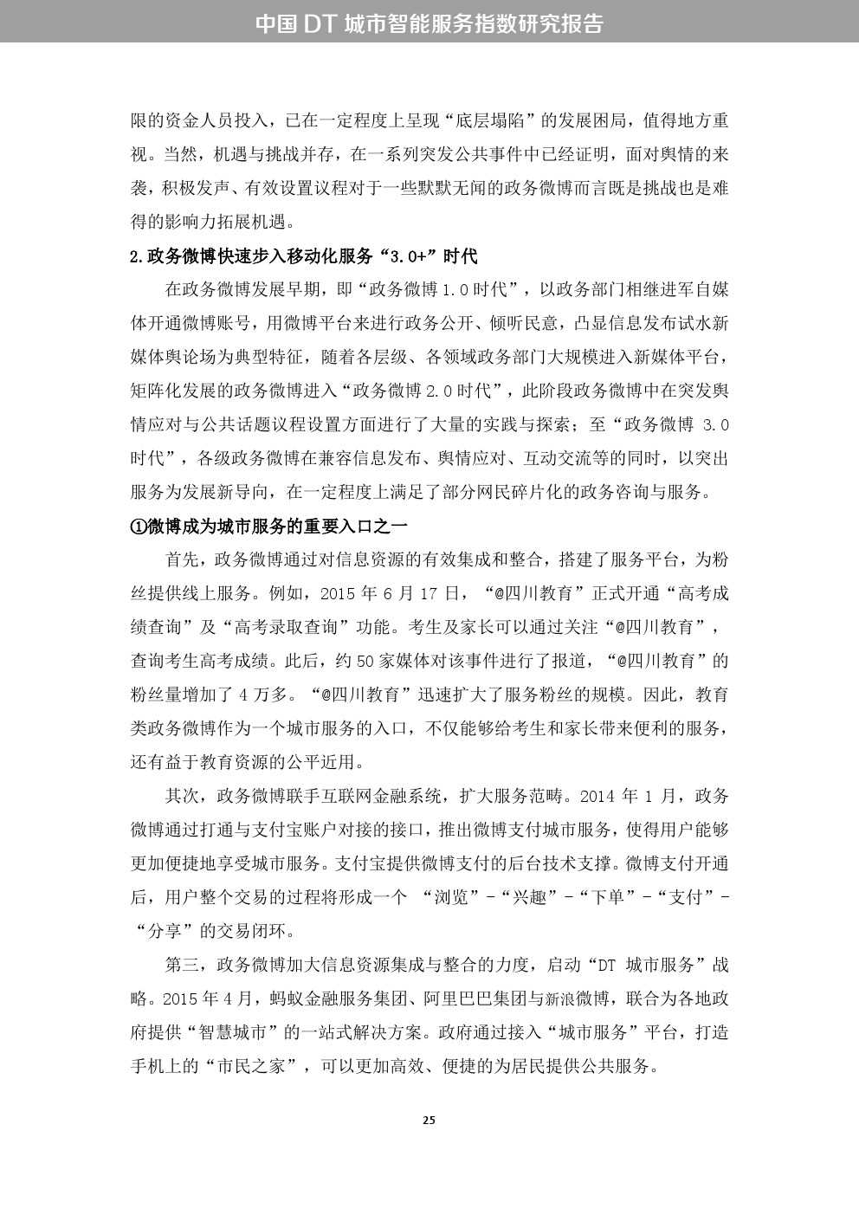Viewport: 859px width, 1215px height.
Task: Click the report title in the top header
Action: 429,23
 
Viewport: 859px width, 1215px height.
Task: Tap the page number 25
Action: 429,1120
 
